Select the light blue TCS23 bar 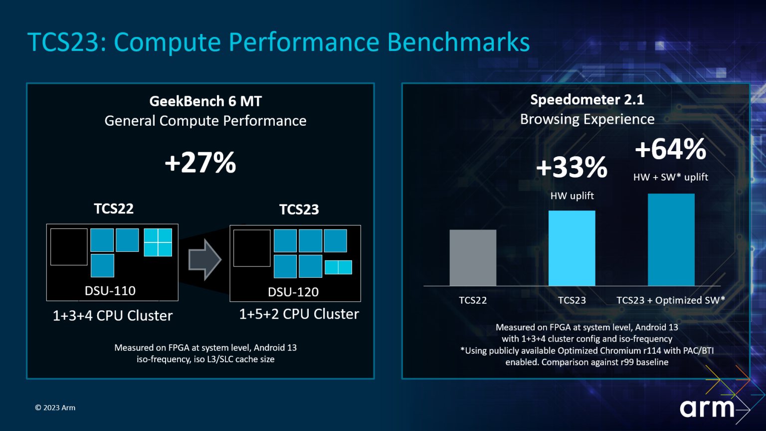click(x=572, y=248)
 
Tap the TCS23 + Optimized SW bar click(x=671, y=239)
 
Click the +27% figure click(x=200, y=163)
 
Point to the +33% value click(x=572, y=167)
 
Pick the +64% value click(x=671, y=149)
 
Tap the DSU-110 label click(x=110, y=291)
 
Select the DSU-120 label click(x=293, y=292)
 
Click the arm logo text click(x=707, y=408)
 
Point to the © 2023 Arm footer click(x=55, y=408)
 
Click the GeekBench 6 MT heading click(x=205, y=101)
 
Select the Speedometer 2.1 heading click(x=587, y=100)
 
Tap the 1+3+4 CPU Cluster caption click(x=113, y=316)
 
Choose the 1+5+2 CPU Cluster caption click(x=299, y=314)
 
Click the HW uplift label click(x=572, y=196)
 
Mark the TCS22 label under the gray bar click(x=473, y=300)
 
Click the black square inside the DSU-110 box click(x=69, y=247)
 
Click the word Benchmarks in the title click(x=458, y=42)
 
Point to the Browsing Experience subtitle click(x=587, y=119)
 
